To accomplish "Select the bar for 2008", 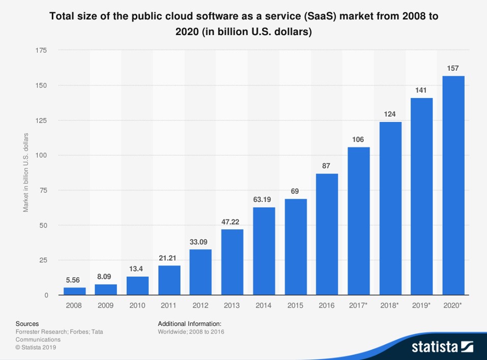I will pyautogui.click(x=74, y=291).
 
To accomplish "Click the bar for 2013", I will pyautogui.click(x=232, y=262).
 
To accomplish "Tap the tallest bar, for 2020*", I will pyautogui.click(x=453, y=186).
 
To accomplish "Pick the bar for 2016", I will pyautogui.click(x=327, y=234).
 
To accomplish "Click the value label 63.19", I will pyautogui.click(x=264, y=199).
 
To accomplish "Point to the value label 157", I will pyautogui.click(x=453, y=68).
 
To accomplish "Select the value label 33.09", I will pyautogui.click(x=200, y=242).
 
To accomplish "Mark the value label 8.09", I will pyautogui.click(x=106, y=276).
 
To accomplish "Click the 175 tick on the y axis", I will pyautogui.click(x=41, y=50).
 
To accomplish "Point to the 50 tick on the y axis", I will pyautogui.click(x=43, y=225).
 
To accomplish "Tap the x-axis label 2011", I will pyautogui.click(x=169, y=306).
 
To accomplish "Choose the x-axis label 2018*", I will pyautogui.click(x=390, y=306).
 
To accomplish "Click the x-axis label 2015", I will pyautogui.click(x=295, y=306).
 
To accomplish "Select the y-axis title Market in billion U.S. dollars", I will pyautogui.click(x=25, y=173).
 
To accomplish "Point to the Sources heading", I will pyautogui.click(x=27, y=323).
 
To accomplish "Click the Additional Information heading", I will pyautogui.click(x=189, y=323).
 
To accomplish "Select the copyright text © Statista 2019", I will pyautogui.click(x=36, y=347).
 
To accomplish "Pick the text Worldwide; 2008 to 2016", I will pyautogui.click(x=191, y=332).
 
